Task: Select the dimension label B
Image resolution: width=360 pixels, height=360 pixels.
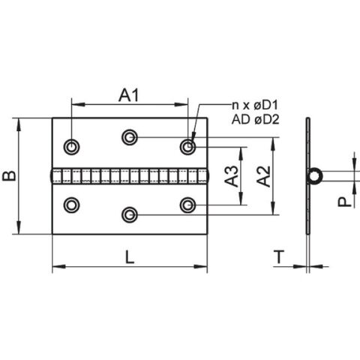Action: pyautogui.click(x=9, y=175)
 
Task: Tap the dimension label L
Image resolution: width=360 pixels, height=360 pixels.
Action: pyautogui.click(x=129, y=256)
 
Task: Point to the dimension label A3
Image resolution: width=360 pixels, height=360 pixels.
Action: pyautogui.click(x=232, y=176)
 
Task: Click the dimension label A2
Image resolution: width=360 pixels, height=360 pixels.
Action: pyautogui.click(x=262, y=176)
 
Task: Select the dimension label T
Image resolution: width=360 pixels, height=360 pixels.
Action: pyautogui.click(x=279, y=256)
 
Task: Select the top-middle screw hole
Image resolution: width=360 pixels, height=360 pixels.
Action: pyautogui.click(x=129, y=136)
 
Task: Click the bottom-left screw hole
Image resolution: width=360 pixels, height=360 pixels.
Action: pyautogui.click(x=72, y=203)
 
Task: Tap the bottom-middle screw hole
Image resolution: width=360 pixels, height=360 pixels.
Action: pyautogui.click(x=129, y=214)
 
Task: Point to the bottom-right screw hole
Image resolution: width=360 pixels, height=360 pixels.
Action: pyautogui.click(x=187, y=203)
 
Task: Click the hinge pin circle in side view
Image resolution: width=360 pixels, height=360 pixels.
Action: pyautogui.click(x=315, y=175)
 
